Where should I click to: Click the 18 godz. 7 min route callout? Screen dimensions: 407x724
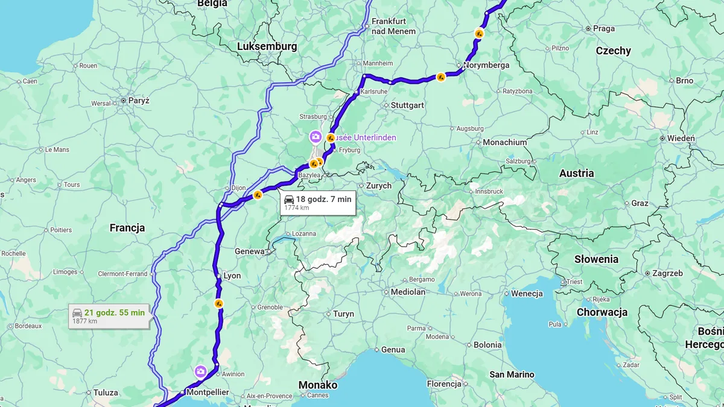pyautogui.click(x=318, y=203)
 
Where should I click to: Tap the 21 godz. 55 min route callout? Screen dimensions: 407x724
pyautogui.click(x=109, y=316)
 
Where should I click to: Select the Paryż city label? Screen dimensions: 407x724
pyautogui.click(x=138, y=101)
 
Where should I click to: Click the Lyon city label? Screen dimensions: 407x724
pyautogui.click(x=232, y=276)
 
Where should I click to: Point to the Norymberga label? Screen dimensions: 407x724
pyautogui.click(x=486, y=65)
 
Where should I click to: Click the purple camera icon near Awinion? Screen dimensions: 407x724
pyautogui.click(x=200, y=371)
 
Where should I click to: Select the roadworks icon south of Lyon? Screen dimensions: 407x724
pyautogui.click(x=219, y=303)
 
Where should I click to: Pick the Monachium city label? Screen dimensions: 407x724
pyautogui.click(x=505, y=142)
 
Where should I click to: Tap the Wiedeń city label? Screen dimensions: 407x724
pyautogui.click(x=681, y=138)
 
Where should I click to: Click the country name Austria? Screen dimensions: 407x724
pyautogui.click(x=576, y=173)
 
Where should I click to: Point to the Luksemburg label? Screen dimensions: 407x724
pyautogui.click(x=267, y=46)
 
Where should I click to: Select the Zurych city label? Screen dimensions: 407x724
pyautogui.click(x=378, y=186)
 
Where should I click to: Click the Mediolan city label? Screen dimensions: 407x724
pyautogui.click(x=408, y=292)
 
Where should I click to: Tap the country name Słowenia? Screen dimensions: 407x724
pyautogui.click(x=596, y=259)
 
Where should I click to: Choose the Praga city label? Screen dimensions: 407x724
pyautogui.click(x=603, y=28)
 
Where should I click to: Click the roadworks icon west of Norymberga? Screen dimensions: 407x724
pyautogui.click(x=441, y=77)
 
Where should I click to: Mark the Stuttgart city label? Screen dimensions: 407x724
pyautogui.click(x=407, y=105)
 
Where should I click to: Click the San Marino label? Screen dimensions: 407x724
pyautogui.click(x=512, y=374)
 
